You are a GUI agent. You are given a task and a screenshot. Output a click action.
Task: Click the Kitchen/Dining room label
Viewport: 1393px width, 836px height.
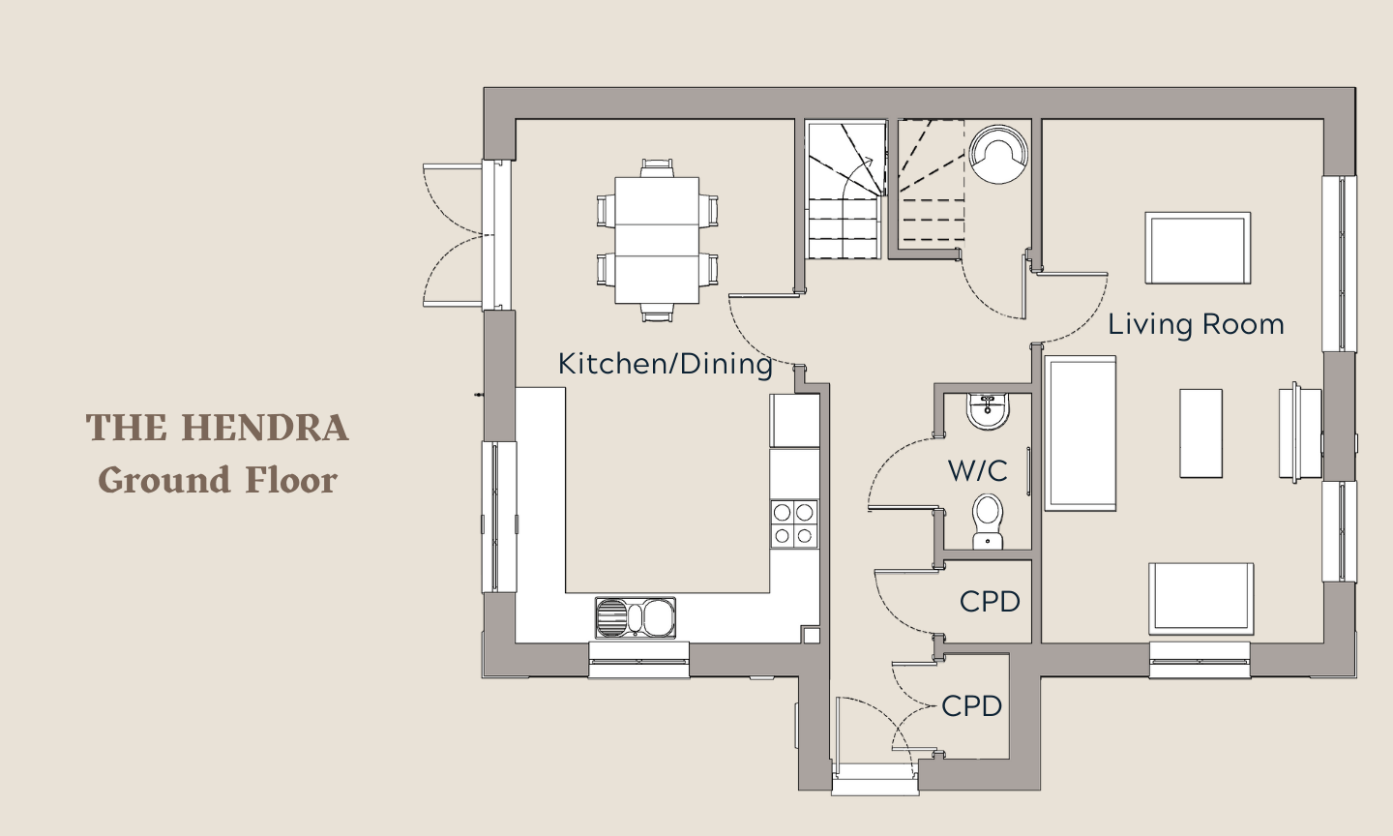665,364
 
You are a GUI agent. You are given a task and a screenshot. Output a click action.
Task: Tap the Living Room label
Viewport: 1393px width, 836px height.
1196,325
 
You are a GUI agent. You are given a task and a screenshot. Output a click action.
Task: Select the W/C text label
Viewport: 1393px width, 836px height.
978,471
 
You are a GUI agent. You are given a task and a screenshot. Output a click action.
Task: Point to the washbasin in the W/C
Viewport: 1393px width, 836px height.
989,412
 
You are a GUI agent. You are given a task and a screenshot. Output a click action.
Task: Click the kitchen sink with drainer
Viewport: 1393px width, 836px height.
635,617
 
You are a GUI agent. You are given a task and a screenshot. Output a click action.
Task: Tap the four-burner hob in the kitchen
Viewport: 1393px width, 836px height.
794,523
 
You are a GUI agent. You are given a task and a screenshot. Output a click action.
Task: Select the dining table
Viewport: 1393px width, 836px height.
657,240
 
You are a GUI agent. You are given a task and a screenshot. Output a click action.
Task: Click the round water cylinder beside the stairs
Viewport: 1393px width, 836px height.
998,154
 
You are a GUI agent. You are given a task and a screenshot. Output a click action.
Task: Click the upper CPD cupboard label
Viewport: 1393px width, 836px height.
990,602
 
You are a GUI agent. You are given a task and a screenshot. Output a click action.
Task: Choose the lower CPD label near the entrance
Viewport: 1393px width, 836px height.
971,706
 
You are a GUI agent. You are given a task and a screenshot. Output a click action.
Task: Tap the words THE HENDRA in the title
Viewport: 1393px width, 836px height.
217,428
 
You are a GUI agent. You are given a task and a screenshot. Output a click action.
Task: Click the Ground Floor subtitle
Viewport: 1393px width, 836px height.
218,480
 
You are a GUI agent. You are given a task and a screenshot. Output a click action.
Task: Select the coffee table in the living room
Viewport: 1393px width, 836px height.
1200,433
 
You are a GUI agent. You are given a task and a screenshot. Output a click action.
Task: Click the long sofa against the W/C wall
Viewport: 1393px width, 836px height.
1081,433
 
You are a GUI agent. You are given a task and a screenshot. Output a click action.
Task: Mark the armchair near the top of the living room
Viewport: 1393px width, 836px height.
1198,248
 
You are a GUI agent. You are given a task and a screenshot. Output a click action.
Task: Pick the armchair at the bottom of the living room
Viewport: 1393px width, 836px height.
1200,599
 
